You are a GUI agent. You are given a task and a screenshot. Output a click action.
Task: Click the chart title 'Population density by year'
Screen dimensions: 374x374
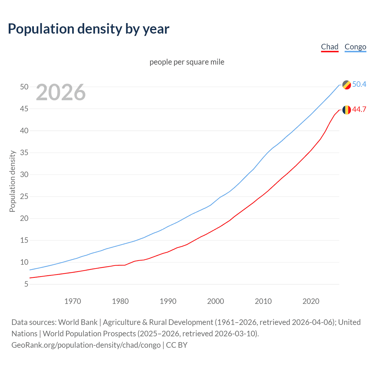coord(89,29)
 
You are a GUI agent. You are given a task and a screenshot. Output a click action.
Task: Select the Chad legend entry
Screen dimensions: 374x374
coord(330,47)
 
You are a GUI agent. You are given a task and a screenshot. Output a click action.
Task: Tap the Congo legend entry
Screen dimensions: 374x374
coord(355,47)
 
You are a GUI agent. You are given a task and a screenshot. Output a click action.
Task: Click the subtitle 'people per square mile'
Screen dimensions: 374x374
coord(187,62)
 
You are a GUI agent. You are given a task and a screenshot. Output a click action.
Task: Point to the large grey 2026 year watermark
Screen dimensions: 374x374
coord(61,92)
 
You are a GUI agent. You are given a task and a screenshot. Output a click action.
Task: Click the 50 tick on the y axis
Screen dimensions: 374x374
coord(24,87)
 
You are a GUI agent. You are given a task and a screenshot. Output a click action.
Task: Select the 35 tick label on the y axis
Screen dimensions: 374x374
coord(24,153)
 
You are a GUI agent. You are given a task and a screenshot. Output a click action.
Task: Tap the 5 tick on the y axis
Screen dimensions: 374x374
coord(26,284)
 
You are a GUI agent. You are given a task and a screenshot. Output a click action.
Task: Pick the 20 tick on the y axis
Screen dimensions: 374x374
coord(24,218)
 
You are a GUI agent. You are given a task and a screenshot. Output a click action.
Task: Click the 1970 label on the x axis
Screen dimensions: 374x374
coord(73,301)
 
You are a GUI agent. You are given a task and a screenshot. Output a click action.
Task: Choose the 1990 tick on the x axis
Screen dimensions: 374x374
coord(168,301)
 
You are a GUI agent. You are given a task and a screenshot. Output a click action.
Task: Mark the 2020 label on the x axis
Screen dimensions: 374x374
coord(311,301)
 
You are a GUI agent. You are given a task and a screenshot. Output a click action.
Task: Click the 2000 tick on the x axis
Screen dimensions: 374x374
coord(216,301)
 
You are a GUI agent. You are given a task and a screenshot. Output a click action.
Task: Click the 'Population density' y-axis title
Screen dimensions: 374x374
coord(12,181)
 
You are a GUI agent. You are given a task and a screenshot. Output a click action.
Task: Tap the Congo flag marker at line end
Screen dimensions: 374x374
coord(347,85)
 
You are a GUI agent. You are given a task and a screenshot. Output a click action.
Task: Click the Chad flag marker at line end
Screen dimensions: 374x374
coord(347,110)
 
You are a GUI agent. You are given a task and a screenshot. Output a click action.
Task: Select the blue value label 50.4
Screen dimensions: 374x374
coord(359,84)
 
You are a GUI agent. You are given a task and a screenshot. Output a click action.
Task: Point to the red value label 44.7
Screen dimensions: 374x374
coord(359,109)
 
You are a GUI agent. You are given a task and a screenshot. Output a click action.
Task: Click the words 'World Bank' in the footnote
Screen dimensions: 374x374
coord(78,322)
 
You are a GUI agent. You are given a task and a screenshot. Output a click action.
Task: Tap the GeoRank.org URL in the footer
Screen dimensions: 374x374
coord(86,345)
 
